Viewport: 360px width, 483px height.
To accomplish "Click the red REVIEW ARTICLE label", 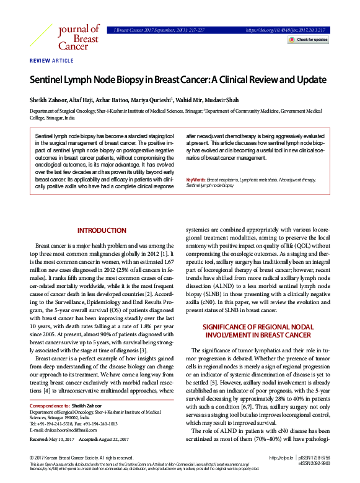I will [52, 61].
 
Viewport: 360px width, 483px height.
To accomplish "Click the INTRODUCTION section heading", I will [102, 230].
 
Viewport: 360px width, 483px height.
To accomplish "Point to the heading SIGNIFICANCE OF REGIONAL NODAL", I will [262, 326].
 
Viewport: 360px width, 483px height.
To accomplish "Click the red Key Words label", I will [196, 179].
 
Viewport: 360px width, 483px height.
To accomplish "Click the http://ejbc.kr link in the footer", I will [281, 458].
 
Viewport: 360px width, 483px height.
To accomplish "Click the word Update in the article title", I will [309, 80].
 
